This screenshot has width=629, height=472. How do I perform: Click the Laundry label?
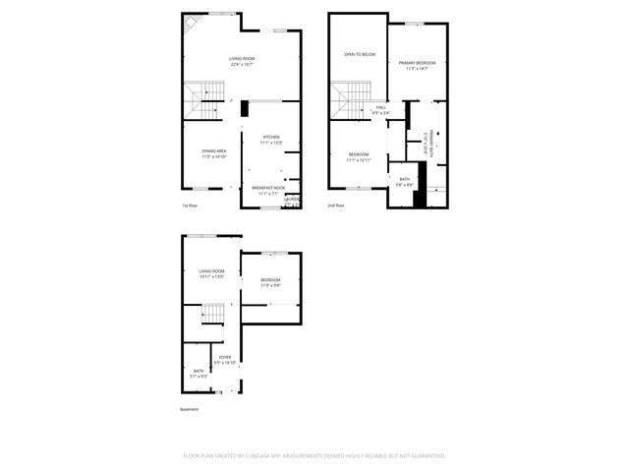[x=292, y=201]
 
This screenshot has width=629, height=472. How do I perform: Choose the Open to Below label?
[x=359, y=54]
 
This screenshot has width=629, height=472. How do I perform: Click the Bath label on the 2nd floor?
[x=404, y=180]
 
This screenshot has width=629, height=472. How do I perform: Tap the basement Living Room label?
[x=211, y=273]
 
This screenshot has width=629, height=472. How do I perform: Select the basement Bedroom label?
[x=270, y=283]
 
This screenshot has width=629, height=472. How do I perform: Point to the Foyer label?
[x=225, y=360]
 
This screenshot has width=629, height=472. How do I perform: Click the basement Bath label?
[x=199, y=373]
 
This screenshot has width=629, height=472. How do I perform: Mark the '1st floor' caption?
[x=191, y=206]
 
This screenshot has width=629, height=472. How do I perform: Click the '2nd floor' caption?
[x=337, y=206]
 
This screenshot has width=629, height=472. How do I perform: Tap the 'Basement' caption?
[x=189, y=409]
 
